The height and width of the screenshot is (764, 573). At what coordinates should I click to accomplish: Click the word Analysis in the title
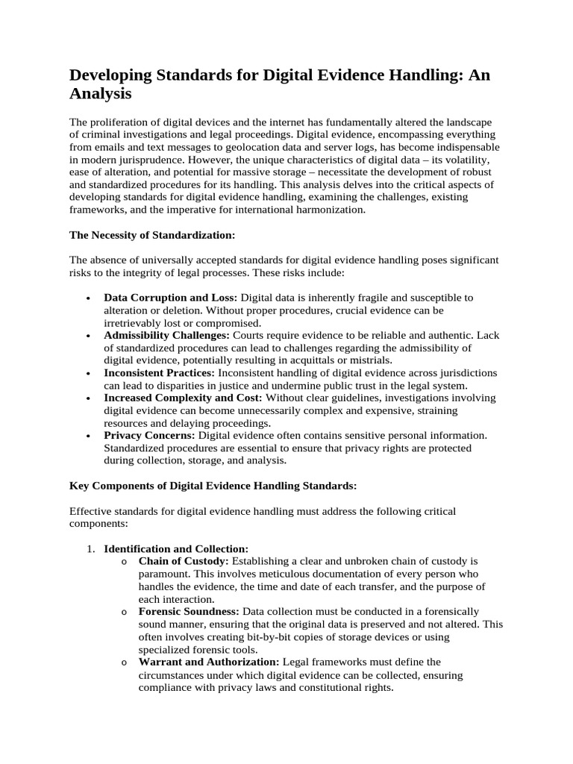point(100,94)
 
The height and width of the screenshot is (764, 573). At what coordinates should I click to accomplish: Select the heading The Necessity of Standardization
point(152,235)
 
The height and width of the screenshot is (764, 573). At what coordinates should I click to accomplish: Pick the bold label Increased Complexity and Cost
point(183,398)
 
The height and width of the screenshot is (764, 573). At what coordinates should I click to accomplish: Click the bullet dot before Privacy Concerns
point(89,436)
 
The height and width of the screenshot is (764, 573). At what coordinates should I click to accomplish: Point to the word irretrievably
point(138,323)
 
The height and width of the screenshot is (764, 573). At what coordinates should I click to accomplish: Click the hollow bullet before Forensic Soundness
point(124,612)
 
